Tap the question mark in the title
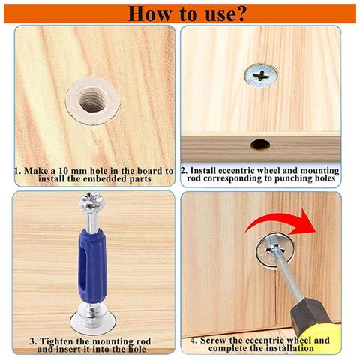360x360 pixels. click(x=238, y=13)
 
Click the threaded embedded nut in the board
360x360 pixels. click(x=93, y=101)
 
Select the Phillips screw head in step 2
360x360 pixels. click(x=261, y=76)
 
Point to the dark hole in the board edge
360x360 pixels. click(x=260, y=145)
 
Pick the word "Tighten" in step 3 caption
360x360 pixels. click(x=56, y=341)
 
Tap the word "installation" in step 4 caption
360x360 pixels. click(x=289, y=348)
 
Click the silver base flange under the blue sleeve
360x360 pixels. click(x=93, y=321)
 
